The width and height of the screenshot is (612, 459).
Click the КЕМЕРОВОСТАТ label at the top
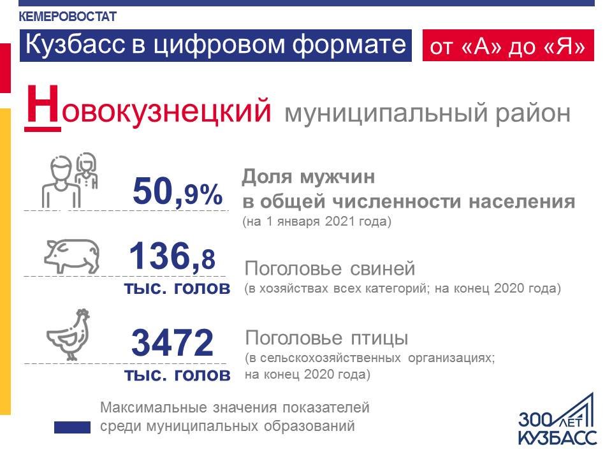click(x=68, y=17)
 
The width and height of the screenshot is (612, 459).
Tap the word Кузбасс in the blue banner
click(x=75, y=44)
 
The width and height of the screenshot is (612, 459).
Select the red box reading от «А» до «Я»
click(x=508, y=45)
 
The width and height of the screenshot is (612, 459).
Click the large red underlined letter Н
click(x=43, y=107)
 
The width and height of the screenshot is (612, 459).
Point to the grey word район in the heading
click(x=533, y=113)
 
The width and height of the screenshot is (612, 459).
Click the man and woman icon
click(x=69, y=180)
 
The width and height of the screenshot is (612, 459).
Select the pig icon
click(x=71, y=256)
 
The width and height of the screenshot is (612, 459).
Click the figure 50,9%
click(x=178, y=191)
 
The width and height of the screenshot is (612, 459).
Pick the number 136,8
click(x=171, y=256)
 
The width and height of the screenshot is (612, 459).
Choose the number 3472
click(x=172, y=343)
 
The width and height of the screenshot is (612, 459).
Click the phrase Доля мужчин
click(x=309, y=177)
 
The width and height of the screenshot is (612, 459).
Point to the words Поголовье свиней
click(x=330, y=268)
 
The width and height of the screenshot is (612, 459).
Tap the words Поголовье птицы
click(x=326, y=338)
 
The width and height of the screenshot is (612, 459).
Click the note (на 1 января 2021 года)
click(x=317, y=221)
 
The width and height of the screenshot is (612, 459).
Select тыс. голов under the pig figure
click(x=177, y=288)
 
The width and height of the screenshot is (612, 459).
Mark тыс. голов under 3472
click(x=177, y=375)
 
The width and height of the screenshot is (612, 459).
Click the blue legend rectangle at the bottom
click(x=72, y=427)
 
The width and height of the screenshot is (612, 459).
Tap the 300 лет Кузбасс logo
click(x=557, y=419)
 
